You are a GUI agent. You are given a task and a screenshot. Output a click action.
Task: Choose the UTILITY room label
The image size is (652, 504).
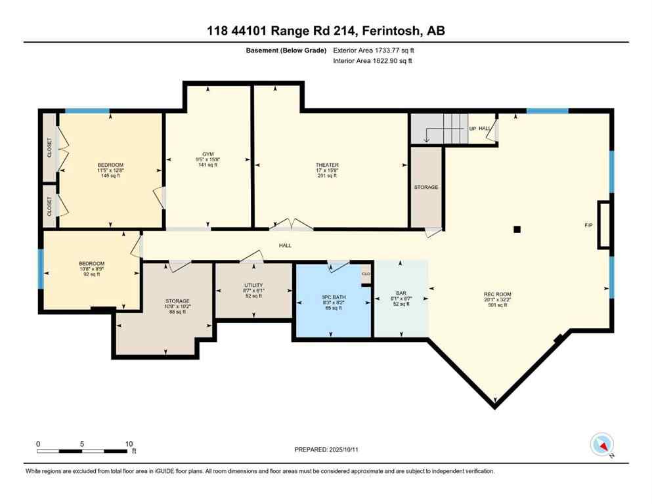pyautogui.click(x=253, y=285)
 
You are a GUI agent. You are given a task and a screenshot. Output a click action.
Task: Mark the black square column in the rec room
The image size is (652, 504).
pyautogui.click(x=517, y=229)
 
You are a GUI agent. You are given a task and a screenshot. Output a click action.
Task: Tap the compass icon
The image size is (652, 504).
pyautogui.click(x=602, y=444)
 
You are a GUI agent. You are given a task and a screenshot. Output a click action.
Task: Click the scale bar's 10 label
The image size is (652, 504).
pyautogui.click(x=129, y=443)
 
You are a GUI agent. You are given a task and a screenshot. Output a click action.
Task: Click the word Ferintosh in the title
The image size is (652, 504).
pyautogui.click(x=392, y=30)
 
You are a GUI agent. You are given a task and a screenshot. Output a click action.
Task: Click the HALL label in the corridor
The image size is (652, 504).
pyautogui.click(x=285, y=245)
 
